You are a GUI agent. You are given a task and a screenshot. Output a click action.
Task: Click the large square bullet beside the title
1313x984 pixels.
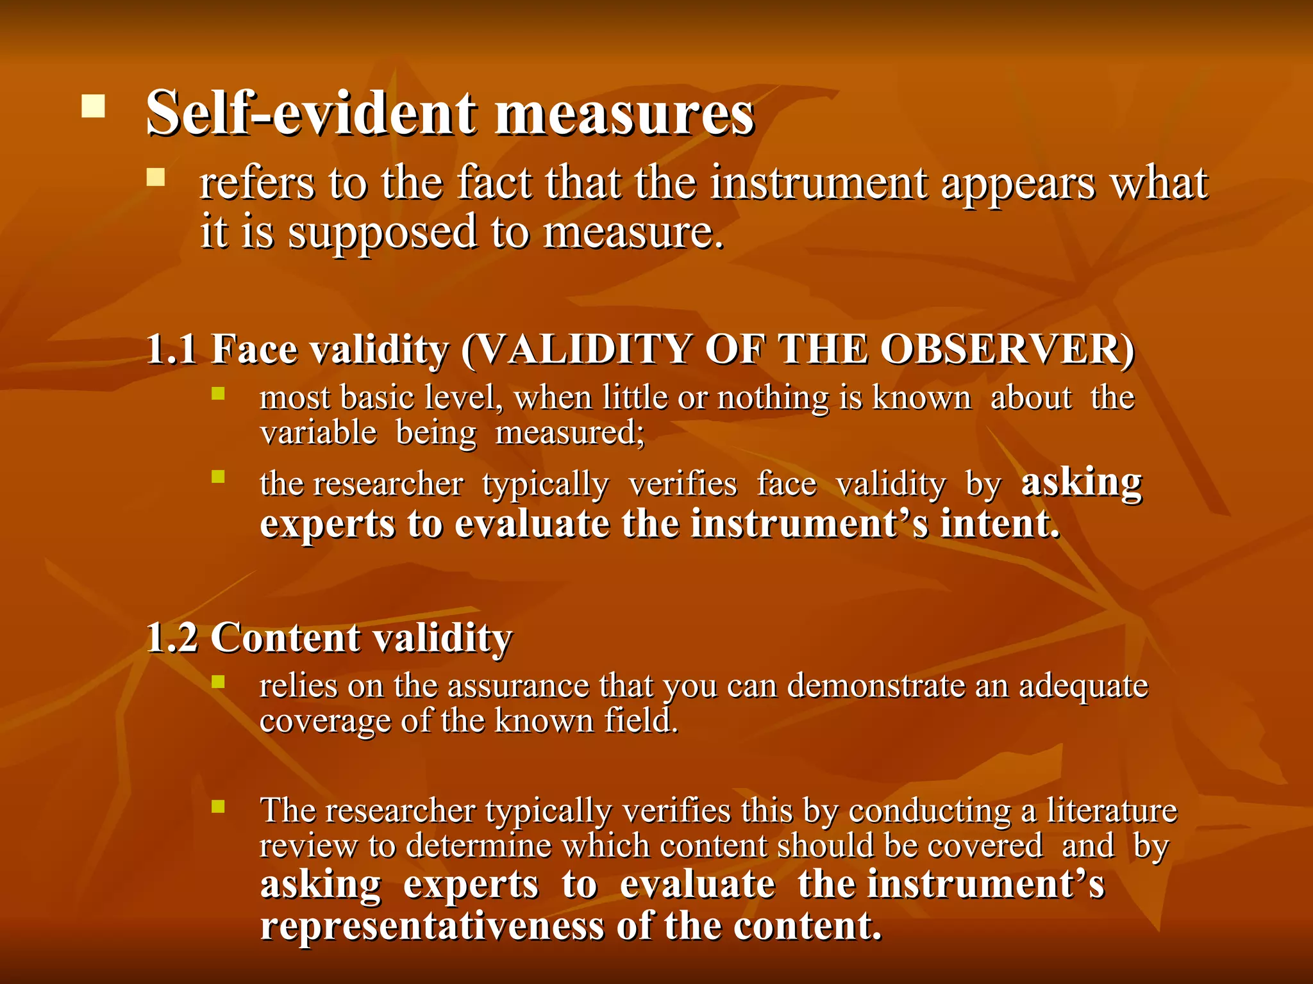pos(93,106)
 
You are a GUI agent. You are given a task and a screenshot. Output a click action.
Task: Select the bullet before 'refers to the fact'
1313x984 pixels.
pos(156,177)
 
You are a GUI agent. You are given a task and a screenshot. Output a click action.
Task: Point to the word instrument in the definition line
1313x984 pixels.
pos(817,183)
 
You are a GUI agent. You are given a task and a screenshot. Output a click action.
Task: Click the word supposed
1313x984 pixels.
pos(382,232)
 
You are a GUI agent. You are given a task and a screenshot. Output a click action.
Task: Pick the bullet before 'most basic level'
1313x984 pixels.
pos(219,393)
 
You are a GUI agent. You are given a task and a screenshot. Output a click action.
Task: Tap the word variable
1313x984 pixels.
pos(318,432)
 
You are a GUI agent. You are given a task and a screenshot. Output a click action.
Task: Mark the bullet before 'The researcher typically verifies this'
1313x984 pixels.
pos(219,806)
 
